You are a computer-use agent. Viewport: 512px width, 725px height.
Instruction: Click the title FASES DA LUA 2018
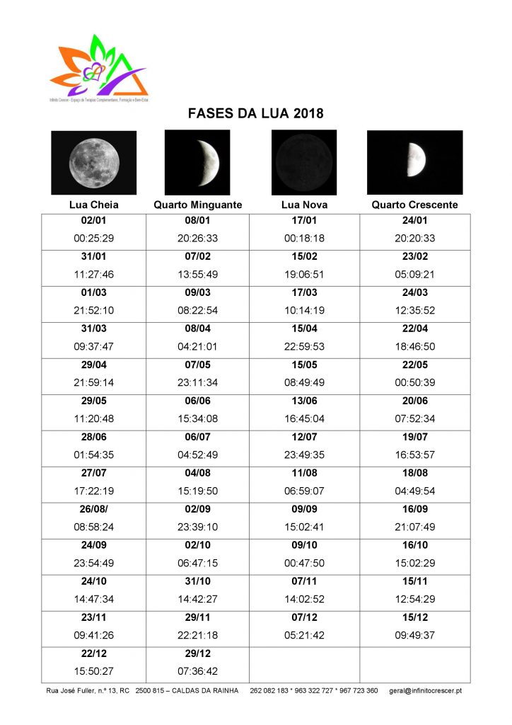pos(255,113)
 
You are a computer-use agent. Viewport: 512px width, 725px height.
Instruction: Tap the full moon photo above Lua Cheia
pos(94,162)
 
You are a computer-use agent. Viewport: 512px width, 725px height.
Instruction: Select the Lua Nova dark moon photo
pos(304,162)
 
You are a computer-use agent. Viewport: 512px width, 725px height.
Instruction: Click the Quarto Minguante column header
pos(198,205)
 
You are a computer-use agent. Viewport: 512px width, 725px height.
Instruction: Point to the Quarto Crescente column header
pos(414,205)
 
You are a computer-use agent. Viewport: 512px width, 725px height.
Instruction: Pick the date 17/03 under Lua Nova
pos(304,293)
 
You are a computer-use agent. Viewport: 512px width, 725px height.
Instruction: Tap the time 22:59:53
pos(304,347)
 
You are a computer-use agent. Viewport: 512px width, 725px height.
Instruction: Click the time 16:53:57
pos(414,455)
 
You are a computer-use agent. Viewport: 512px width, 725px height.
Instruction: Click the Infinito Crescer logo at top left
pos(99,67)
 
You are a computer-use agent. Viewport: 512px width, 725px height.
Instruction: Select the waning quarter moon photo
pos(198,162)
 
